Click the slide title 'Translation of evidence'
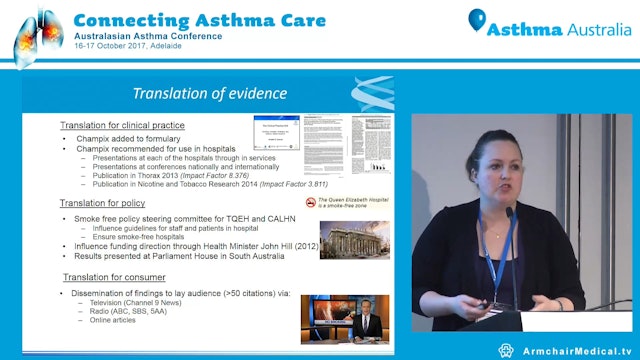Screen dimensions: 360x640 [210, 94]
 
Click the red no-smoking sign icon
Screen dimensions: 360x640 [310, 202]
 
